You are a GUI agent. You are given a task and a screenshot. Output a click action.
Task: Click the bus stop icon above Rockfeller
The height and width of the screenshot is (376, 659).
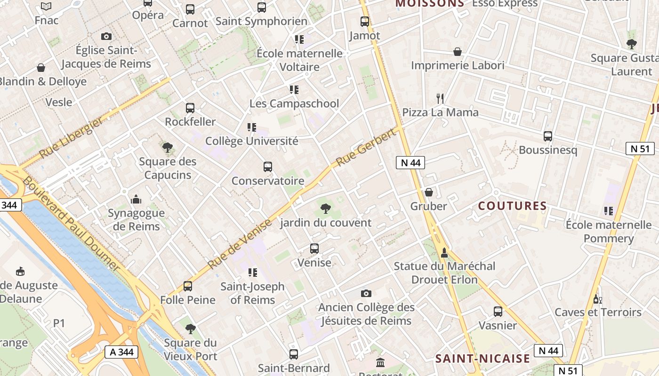(190, 108)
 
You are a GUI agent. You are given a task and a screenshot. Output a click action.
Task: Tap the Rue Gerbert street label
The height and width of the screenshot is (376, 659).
(365, 149)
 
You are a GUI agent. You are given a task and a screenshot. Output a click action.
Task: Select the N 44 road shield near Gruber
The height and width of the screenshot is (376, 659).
(410, 163)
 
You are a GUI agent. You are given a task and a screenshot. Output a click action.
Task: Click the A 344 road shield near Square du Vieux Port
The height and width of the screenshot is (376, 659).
(121, 352)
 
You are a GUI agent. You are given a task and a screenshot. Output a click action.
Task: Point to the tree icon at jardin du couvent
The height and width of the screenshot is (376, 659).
(325, 209)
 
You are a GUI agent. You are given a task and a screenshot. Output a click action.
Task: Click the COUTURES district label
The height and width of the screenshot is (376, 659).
(513, 206)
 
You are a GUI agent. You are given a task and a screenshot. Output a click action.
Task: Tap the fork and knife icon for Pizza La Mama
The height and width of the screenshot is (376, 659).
(440, 98)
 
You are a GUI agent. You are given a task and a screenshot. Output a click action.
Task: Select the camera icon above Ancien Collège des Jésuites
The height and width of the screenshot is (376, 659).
(366, 294)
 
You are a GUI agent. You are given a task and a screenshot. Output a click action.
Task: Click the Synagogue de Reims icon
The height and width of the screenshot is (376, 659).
(136, 199)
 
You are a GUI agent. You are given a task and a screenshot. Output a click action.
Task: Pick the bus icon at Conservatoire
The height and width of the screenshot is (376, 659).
(268, 167)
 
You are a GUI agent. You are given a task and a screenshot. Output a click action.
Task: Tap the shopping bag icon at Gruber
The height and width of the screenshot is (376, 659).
(428, 192)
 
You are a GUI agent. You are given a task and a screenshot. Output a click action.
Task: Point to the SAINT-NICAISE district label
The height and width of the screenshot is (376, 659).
(482, 359)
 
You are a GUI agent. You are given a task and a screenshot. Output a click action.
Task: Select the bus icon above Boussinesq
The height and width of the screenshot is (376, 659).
(548, 136)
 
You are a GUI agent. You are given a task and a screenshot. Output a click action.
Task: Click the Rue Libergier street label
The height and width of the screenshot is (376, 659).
(70, 138)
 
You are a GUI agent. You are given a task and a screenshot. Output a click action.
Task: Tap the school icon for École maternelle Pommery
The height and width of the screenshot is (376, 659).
(609, 211)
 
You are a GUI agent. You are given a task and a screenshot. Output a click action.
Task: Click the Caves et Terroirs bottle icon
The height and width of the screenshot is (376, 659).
(598, 298)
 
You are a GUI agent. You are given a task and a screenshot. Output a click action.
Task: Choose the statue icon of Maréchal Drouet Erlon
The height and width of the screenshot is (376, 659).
(444, 253)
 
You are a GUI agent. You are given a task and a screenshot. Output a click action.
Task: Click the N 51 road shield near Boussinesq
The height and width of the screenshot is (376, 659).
(640, 149)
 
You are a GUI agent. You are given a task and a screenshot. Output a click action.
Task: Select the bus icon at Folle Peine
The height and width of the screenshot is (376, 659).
(187, 286)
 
